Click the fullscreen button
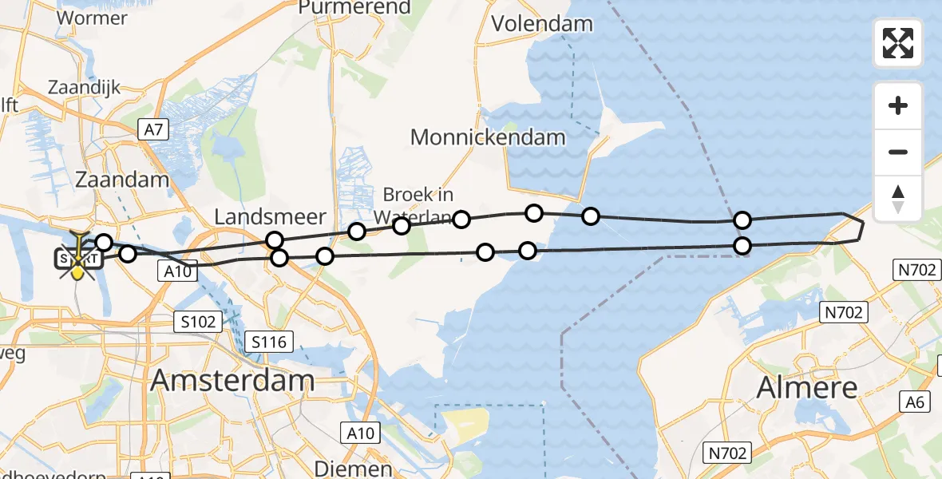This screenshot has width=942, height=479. [898, 43]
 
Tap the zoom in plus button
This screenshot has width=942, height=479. [898, 105]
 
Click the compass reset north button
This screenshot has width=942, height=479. [898, 199]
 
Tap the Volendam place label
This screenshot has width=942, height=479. [542, 23]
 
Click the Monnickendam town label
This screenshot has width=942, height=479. [488, 137]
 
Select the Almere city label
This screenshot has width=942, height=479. [806, 388]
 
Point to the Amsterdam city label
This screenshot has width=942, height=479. [232, 381]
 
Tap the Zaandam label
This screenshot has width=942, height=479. [122, 179]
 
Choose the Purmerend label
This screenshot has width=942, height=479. [354, 8]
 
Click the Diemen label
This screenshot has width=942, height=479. [353, 468]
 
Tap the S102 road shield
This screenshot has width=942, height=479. [196, 322]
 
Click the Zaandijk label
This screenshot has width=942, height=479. [84, 86]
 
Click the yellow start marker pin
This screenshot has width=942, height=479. [77, 271]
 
